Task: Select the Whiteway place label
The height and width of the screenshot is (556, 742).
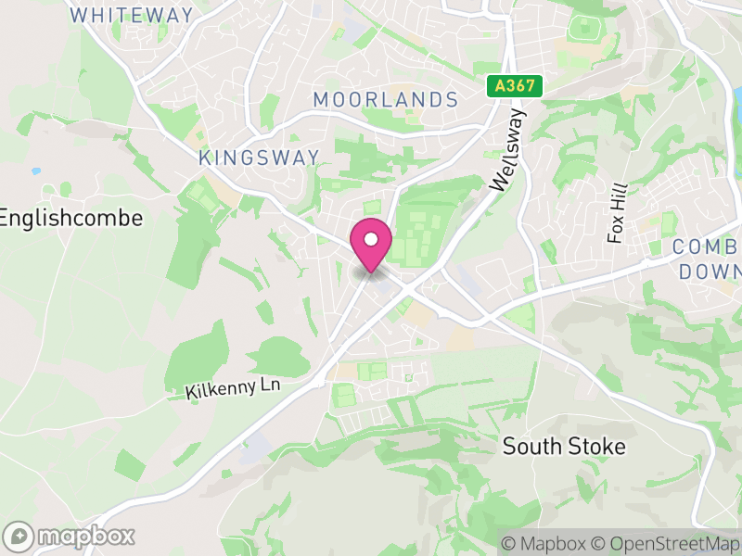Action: (132, 15)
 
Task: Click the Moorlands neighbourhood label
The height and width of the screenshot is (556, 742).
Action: (385, 99)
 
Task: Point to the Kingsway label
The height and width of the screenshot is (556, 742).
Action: (259, 158)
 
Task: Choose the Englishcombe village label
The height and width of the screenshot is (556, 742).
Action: (71, 218)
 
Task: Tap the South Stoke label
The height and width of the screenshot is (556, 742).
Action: (564, 446)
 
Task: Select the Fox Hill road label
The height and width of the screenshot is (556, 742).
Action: (617, 212)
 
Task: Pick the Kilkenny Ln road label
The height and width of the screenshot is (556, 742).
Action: (233, 388)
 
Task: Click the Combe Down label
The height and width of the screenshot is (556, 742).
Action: (708, 259)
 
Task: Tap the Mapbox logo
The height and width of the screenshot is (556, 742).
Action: (70, 536)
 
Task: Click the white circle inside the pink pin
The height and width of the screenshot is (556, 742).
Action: (371, 239)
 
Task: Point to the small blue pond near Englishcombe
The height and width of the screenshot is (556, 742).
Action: (36, 171)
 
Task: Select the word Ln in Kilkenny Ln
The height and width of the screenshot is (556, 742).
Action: (268, 385)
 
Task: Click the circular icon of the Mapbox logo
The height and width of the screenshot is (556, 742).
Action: (19, 536)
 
